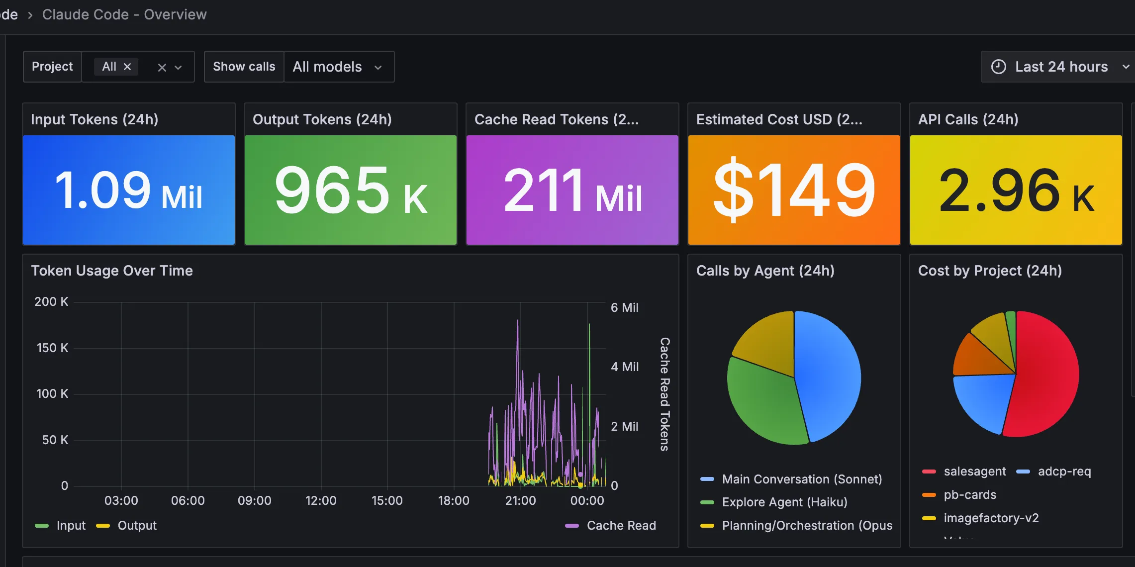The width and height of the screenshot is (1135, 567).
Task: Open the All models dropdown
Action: click(x=338, y=67)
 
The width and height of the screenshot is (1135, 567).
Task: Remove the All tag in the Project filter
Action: click(x=127, y=67)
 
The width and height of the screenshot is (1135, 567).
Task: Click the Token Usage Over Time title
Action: click(x=112, y=271)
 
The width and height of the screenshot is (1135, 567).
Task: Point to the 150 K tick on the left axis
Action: click(x=52, y=348)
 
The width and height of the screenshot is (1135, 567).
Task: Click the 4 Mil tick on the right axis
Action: click(x=625, y=367)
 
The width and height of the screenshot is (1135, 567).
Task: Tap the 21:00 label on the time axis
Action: click(x=520, y=500)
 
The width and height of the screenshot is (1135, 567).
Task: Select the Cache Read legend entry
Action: click(x=621, y=526)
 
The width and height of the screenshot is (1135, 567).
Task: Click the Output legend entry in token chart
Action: click(x=137, y=526)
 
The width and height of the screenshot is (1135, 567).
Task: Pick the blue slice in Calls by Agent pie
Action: click(x=828, y=373)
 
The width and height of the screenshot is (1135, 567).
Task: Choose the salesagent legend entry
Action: click(x=974, y=472)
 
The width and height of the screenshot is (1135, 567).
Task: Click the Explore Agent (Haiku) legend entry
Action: click(x=784, y=502)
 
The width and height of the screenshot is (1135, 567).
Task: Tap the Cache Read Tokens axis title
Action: click(x=664, y=394)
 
